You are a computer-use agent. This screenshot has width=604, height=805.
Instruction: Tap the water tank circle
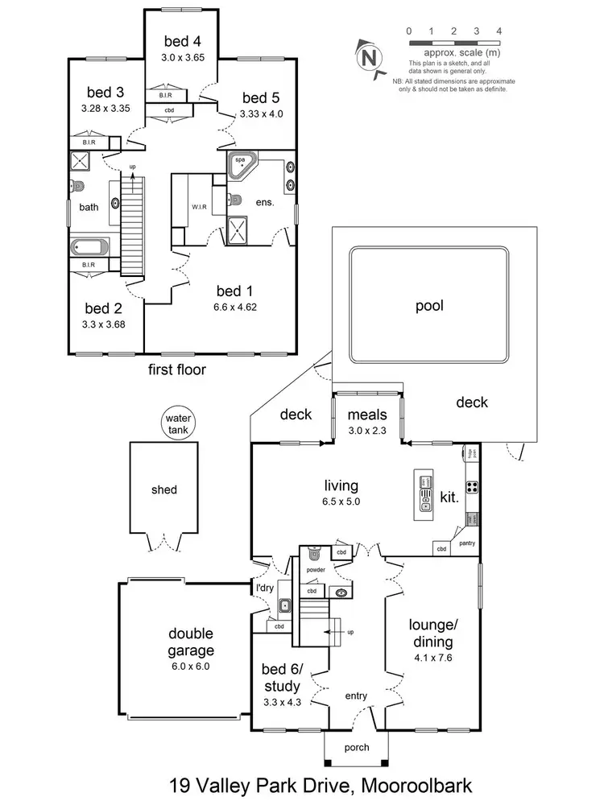tap(176, 424)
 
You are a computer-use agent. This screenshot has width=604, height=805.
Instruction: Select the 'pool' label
tap(429, 306)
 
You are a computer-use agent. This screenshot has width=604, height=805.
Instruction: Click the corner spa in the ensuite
tap(242, 163)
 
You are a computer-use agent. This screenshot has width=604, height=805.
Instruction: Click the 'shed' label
tap(164, 489)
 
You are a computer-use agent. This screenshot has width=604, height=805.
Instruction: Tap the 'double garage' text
tap(191, 642)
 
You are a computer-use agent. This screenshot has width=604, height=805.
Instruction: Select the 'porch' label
tap(357, 747)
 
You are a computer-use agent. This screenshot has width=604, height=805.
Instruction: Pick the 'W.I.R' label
tap(201, 205)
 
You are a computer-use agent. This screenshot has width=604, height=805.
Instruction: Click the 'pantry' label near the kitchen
tap(468, 543)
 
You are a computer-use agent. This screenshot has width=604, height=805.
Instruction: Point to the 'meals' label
tap(367, 415)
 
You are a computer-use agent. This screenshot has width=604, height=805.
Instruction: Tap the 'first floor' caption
tap(178, 370)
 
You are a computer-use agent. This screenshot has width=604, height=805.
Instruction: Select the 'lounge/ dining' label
tap(432, 634)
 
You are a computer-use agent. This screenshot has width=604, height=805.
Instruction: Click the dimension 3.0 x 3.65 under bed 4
tap(184, 57)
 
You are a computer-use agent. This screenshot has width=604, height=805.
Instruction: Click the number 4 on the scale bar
tap(500, 31)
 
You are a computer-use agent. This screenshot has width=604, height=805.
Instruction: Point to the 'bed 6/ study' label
tap(282, 678)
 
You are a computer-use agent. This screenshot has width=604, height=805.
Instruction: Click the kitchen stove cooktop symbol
tap(473, 486)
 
